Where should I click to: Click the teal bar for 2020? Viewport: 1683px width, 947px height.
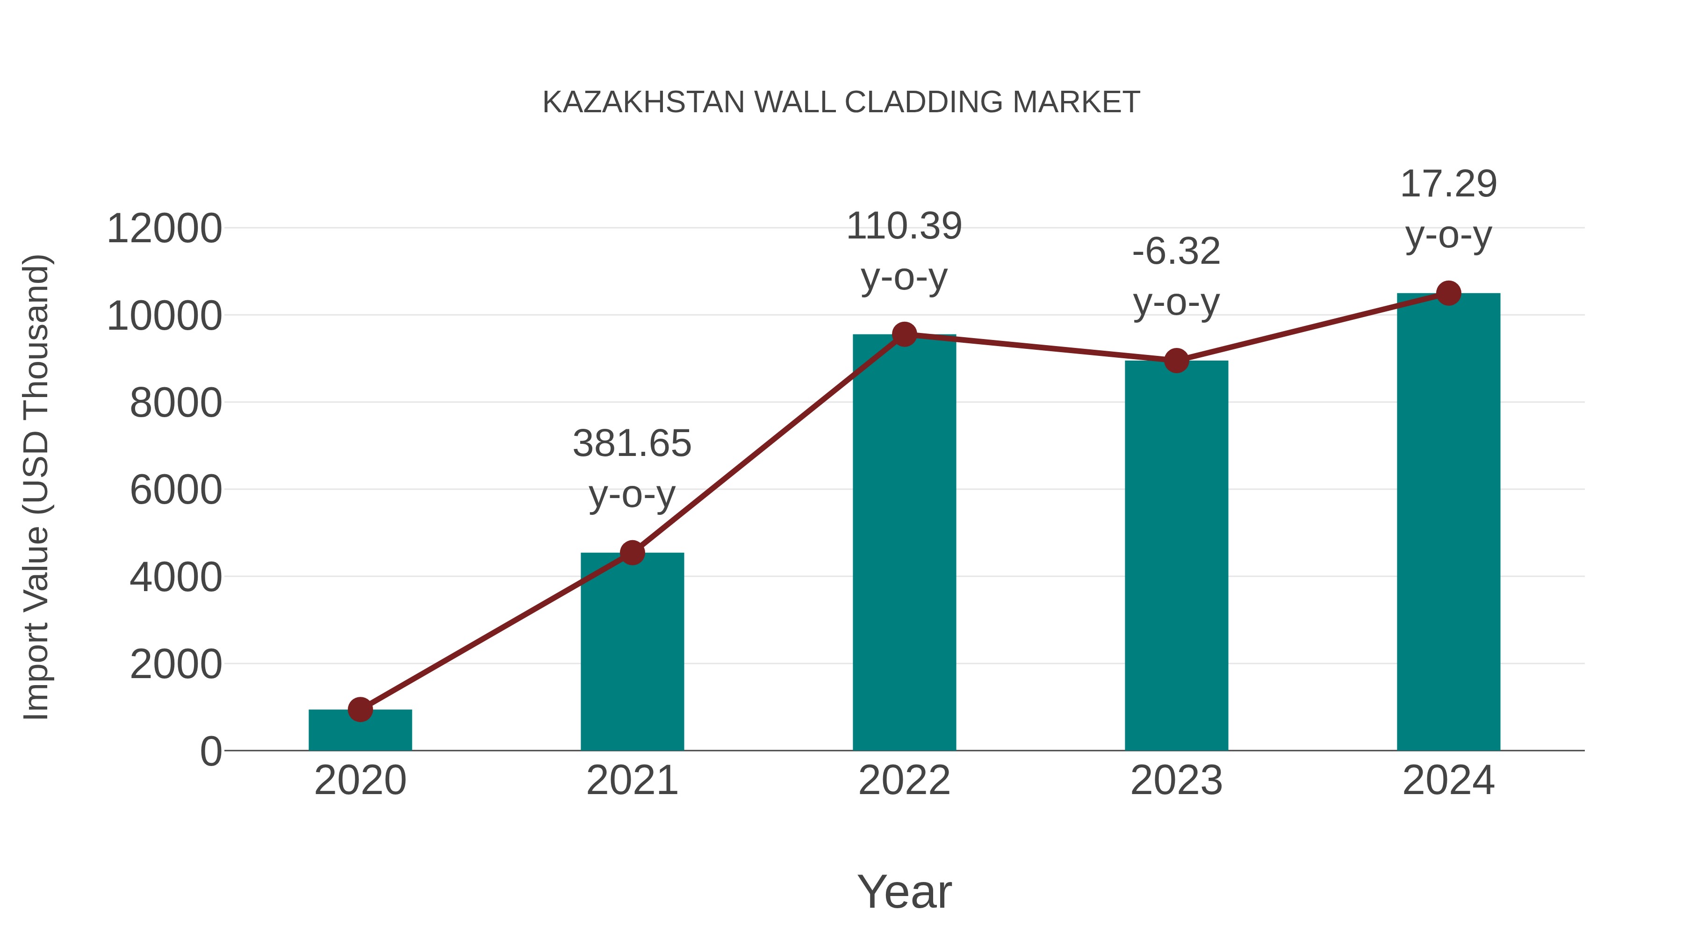pos(360,732)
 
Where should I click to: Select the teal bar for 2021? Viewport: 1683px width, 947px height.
pos(632,654)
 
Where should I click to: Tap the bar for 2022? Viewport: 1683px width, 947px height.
pos(904,542)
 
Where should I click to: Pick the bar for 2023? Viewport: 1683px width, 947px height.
pos(1176,556)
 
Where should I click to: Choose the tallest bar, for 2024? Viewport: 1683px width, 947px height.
pos(1448,523)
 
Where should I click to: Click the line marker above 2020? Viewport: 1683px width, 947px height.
pos(360,709)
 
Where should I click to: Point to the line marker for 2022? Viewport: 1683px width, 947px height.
pos(904,335)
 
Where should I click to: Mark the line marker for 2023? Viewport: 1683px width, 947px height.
pos(1176,360)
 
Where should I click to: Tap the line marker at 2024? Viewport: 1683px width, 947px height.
pos(1448,293)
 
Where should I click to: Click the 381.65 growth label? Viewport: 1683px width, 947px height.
pos(632,444)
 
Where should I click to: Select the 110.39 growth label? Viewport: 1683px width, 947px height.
pos(904,226)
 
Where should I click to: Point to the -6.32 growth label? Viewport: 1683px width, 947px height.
pos(1176,252)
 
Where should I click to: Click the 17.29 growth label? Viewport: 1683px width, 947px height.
pos(1448,184)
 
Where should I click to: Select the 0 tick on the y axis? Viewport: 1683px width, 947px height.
pos(210,751)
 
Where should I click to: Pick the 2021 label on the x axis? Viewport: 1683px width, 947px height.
pos(632,781)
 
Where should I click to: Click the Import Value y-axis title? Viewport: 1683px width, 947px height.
pos(36,487)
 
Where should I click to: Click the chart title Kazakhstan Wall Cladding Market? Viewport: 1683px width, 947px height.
pos(841,102)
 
